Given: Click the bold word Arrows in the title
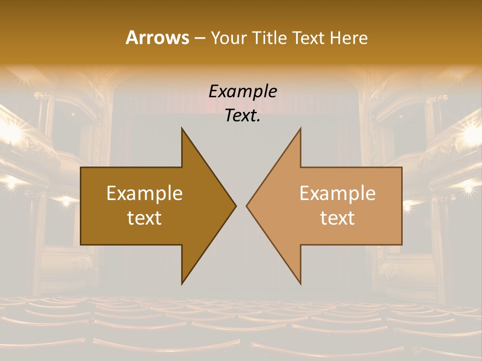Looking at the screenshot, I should [157, 38].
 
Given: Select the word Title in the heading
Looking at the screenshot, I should [270, 38].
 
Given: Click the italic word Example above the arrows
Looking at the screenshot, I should [243, 91].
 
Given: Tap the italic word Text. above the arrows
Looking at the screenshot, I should [243, 116].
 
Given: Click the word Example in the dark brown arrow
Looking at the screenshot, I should [145, 194].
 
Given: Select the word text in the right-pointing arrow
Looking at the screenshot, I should [145, 218].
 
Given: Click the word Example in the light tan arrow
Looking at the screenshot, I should [337, 194].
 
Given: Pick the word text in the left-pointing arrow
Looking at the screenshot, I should [337, 218].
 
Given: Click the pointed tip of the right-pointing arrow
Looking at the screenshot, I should [235, 206].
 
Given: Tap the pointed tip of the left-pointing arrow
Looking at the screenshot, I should [247, 206].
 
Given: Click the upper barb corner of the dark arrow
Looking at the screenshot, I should [182, 128].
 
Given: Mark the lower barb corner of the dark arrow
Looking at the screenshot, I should [182, 284].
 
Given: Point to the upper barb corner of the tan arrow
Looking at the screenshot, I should [300, 128].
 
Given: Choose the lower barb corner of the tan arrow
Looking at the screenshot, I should [300, 284].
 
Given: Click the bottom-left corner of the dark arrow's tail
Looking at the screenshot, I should [81, 244].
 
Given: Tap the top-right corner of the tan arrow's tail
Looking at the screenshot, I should [401, 168].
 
